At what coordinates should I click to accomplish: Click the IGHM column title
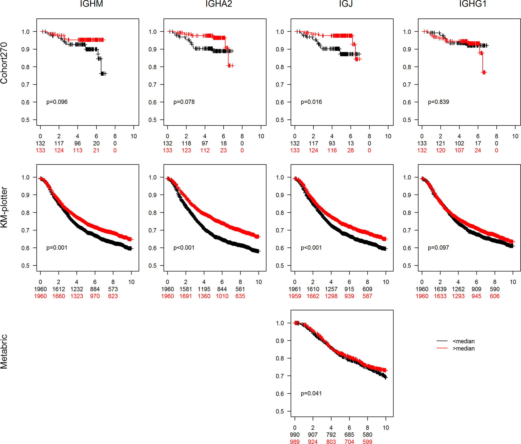tap(91, 4)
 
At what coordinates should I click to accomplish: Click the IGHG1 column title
tap(473, 4)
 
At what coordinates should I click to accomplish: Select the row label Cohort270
tap(4, 63)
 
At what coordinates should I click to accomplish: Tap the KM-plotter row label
tap(4, 208)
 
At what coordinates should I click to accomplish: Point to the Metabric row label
tap(4, 351)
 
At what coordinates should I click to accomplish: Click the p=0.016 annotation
tap(311, 102)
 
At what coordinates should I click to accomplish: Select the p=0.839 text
tap(438, 102)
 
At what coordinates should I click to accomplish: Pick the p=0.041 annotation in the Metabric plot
tap(311, 394)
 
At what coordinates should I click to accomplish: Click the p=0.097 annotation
tap(438, 248)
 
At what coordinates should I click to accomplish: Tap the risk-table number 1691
tap(186, 296)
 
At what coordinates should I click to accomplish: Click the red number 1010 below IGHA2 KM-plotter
tap(222, 296)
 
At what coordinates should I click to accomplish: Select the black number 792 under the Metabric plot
tap(331, 435)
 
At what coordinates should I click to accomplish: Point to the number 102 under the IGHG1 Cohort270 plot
tap(459, 144)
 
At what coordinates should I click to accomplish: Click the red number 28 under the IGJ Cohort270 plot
tap(351, 151)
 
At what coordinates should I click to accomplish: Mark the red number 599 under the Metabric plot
tap(367, 442)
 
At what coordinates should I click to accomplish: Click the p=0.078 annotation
tap(184, 102)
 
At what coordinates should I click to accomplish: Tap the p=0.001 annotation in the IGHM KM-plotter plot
tap(57, 248)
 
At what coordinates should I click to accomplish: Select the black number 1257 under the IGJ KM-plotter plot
tap(331, 289)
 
